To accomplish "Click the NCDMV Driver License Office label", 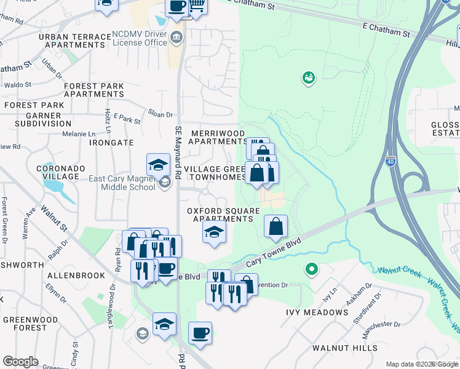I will (x=140, y=38).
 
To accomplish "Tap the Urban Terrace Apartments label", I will (x=75, y=41).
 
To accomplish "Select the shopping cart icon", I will (x=196, y=6).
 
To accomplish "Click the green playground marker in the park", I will (x=308, y=77).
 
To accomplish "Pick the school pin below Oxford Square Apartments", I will (x=214, y=232).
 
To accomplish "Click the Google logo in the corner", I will (x=20, y=362).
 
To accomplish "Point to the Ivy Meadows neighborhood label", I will (x=317, y=312).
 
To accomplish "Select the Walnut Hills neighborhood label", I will (x=344, y=348).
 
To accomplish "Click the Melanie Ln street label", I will (x=80, y=133).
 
